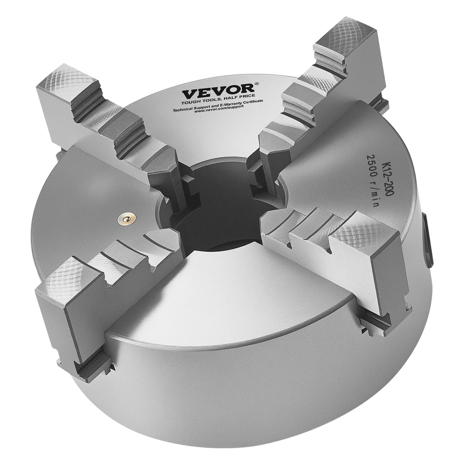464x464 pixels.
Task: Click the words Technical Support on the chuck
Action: coord(188,108)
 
